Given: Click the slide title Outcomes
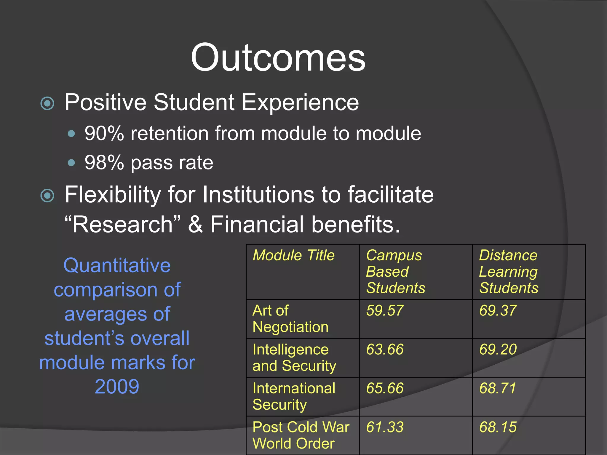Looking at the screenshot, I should click(x=278, y=57).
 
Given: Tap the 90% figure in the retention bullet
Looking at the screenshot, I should click(x=104, y=134).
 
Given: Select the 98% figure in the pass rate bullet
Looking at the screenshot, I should click(x=104, y=163).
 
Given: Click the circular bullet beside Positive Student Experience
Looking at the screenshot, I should click(x=47, y=103).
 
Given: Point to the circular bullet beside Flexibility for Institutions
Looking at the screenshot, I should click(x=47, y=196).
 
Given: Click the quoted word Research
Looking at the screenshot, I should click(x=122, y=224).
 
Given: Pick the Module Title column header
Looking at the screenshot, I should click(x=293, y=255).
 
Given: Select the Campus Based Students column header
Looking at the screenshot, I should click(x=395, y=271).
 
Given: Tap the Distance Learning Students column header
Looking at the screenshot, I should click(x=509, y=271).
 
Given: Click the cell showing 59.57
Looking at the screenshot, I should click(x=385, y=310).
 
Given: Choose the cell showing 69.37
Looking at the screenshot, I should click(x=498, y=310).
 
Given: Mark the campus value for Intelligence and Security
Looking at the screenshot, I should click(x=385, y=349).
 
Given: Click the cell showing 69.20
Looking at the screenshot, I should click(x=498, y=349).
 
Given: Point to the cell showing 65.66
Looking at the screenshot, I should click(x=385, y=388).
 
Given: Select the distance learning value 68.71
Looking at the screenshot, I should click(x=498, y=388).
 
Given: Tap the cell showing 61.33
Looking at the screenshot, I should click(x=385, y=427).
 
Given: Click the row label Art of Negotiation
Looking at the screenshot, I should click(x=290, y=319).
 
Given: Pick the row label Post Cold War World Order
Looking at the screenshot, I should click(x=301, y=435).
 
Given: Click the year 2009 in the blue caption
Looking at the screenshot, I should click(x=117, y=387).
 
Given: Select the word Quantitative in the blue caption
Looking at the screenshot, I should click(x=117, y=265).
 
